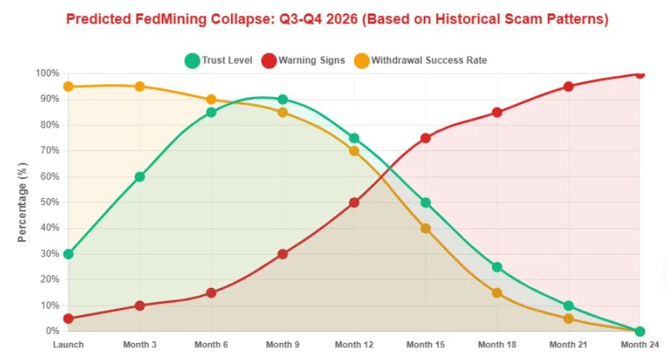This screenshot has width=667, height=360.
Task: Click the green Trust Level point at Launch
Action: point(68,254)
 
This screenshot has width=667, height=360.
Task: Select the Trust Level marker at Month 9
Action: point(282,100)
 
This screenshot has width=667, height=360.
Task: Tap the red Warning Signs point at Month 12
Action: point(354,202)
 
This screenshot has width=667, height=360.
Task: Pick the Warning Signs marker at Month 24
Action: point(639,73)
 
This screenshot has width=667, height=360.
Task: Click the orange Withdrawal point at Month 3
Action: point(140,87)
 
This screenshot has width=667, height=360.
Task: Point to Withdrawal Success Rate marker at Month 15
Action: point(425,228)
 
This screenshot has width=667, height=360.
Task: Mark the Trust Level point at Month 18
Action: point(497,267)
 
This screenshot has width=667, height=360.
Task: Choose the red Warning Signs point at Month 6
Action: point(211,293)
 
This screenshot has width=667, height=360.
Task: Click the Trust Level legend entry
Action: point(219,61)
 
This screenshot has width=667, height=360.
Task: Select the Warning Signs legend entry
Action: point(303,61)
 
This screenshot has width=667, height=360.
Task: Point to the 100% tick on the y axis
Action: point(47,73)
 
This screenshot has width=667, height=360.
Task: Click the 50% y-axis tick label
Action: point(49,202)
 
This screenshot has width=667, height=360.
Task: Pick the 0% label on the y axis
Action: point(51,331)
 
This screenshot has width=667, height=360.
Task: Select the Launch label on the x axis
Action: point(68,344)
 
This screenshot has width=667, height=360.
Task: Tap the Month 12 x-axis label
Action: point(354,344)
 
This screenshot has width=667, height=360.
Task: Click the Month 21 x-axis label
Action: point(568,344)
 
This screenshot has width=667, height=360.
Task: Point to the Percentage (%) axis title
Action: point(23,202)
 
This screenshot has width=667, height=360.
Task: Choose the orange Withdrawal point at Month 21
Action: point(568,319)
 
